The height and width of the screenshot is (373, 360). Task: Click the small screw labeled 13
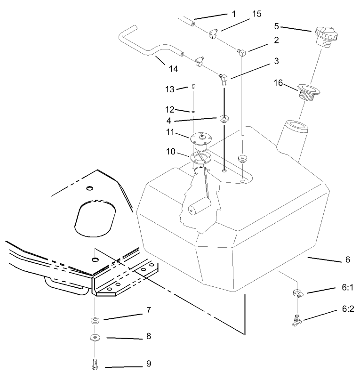click(x=193, y=86)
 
